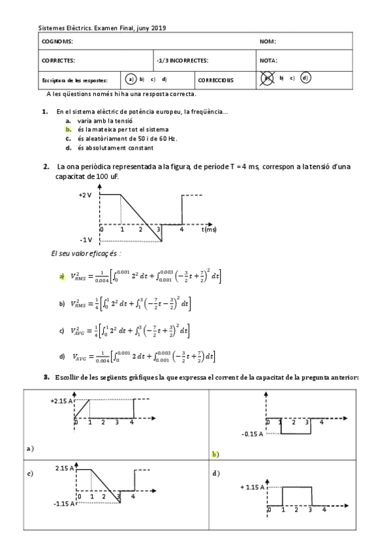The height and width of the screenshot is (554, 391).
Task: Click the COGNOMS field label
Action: coord(57,41)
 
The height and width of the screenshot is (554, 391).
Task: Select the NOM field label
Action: coord(268,41)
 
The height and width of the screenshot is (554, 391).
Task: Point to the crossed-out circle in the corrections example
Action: coord(267,78)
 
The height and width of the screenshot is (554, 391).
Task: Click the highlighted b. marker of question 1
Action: coord(68,129)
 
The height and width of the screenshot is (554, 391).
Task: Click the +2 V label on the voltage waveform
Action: coord(85,195)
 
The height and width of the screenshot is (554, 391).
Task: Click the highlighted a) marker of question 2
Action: coord(62,277)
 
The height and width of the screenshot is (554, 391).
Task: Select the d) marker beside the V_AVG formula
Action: coord(62,356)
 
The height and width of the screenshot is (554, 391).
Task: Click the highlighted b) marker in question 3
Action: coord(215,453)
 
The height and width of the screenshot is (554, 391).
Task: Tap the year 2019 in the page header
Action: coord(159,28)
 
